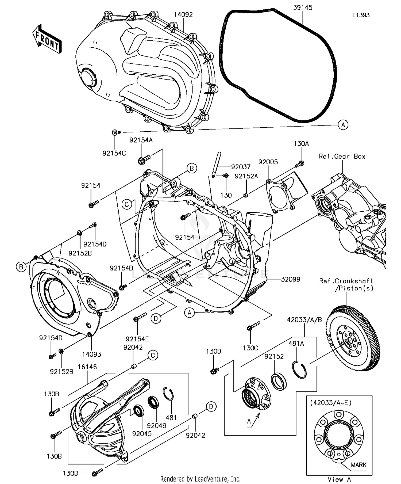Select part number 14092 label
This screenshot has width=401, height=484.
pyautogui.click(x=183, y=15)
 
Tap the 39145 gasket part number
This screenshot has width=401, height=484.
pyautogui.click(x=303, y=7)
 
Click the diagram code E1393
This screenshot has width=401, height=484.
pyautogui.click(x=361, y=15)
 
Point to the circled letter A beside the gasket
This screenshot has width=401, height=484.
pyautogui.click(x=343, y=125)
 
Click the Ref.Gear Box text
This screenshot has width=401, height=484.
pyautogui.click(x=342, y=157)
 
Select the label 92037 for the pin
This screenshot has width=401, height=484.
pyautogui.click(x=241, y=167)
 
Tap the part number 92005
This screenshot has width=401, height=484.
pyautogui.click(x=268, y=162)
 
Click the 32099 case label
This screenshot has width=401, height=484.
pyautogui.click(x=291, y=279)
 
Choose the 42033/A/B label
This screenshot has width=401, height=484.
pyautogui.click(x=304, y=320)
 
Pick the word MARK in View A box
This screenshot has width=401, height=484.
pyautogui.click(x=358, y=465)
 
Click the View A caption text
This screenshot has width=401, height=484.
pyautogui.click(x=339, y=479)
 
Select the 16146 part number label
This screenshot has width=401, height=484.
pyautogui.click(x=87, y=367)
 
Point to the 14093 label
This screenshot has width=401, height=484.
pyautogui.click(x=91, y=354)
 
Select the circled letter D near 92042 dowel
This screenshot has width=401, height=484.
pyautogui.click(x=211, y=407)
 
